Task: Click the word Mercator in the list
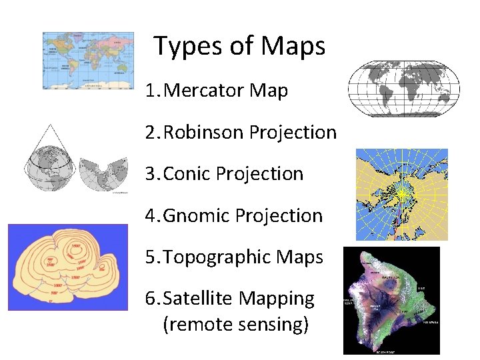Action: pos(203,91)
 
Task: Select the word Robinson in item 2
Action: pos(203,133)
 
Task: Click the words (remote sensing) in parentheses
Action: pos(235,325)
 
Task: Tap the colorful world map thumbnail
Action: pos(88,61)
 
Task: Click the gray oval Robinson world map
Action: pos(404,89)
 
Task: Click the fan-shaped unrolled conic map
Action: pos(103,174)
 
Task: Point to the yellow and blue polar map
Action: pos(401,194)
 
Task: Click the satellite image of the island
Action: pos(391,301)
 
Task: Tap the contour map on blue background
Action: pos(67,267)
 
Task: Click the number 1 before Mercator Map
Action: pos(151,91)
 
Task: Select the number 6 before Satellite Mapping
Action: pos(151,299)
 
